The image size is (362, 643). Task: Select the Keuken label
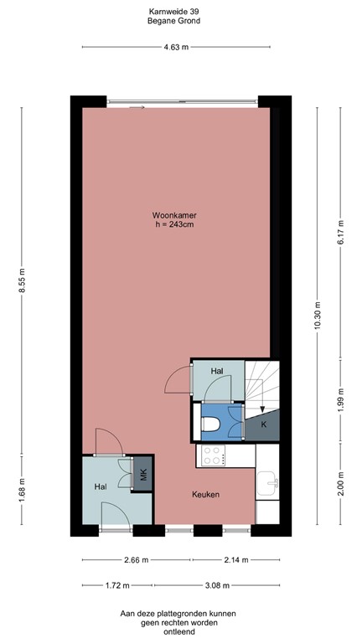tap(205, 495)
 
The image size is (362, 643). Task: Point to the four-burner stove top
tap(211, 456)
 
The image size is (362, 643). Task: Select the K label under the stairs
tap(263, 425)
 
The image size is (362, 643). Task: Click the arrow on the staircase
tap(262, 408)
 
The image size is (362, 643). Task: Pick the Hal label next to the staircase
tap(216, 371)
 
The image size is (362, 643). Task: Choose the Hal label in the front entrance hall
tap(100, 486)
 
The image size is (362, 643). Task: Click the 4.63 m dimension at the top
tap(175, 48)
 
